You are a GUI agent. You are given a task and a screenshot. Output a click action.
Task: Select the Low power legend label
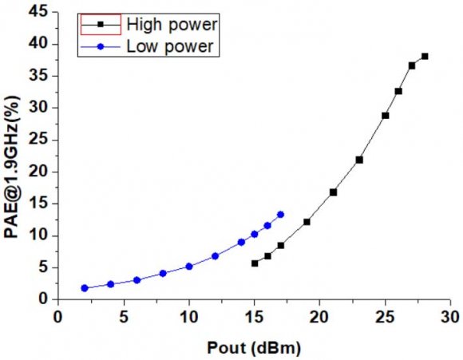click(169, 46)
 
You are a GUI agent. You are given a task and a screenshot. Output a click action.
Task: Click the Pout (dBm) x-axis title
click(254, 349)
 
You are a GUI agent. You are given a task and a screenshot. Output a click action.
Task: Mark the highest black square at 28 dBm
click(425, 56)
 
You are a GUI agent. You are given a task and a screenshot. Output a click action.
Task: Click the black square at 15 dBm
click(255, 263)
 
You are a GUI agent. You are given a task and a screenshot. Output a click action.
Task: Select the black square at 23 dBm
click(359, 160)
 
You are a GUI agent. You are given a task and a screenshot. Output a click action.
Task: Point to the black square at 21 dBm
click(333, 192)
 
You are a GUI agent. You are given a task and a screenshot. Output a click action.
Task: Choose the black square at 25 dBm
click(386, 116)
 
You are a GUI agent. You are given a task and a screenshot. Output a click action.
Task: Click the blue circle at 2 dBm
click(84, 288)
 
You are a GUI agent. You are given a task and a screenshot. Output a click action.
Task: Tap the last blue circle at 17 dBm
click(280, 214)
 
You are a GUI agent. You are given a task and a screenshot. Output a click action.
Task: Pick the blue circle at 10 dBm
click(189, 267)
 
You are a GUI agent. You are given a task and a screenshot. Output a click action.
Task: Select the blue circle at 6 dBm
click(137, 280)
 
